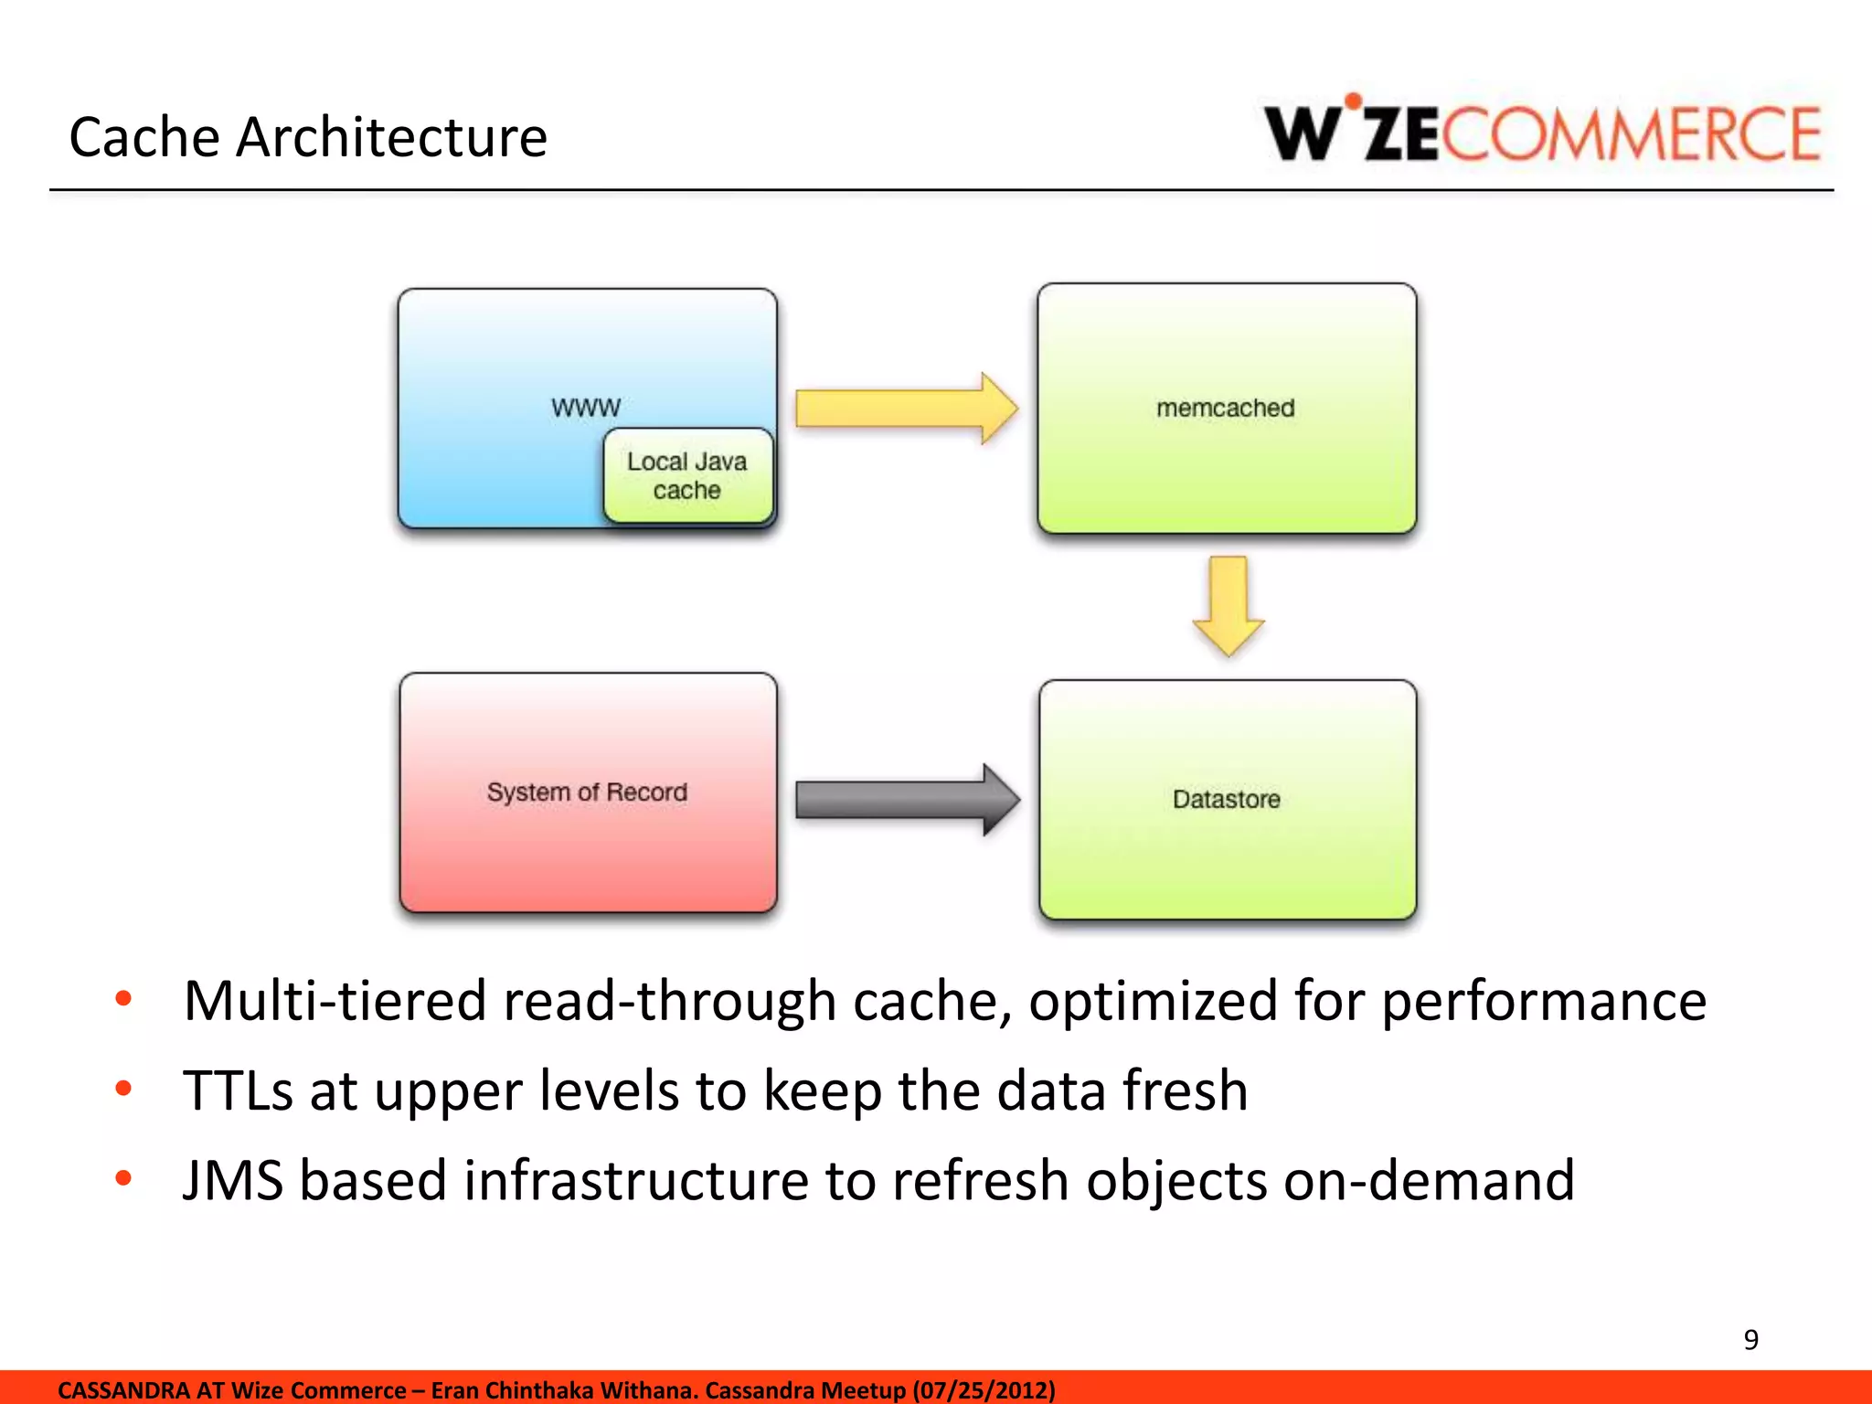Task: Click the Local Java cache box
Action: [x=687, y=476]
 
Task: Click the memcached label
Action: [x=1226, y=408]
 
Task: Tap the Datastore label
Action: [x=1227, y=799]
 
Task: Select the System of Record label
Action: [x=587, y=792]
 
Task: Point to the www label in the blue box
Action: [x=586, y=407]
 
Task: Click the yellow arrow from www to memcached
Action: [x=905, y=409]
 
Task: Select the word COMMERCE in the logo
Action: [x=1632, y=135]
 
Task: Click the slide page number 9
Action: [x=1750, y=1339]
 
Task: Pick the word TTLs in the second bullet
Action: [x=238, y=1090]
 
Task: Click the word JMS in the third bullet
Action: [x=233, y=1180]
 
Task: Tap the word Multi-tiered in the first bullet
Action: [x=335, y=1001]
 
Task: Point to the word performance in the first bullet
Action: [x=1543, y=1001]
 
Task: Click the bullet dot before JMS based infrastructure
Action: [x=123, y=1177]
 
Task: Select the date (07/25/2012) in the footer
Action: [x=984, y=1390]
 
